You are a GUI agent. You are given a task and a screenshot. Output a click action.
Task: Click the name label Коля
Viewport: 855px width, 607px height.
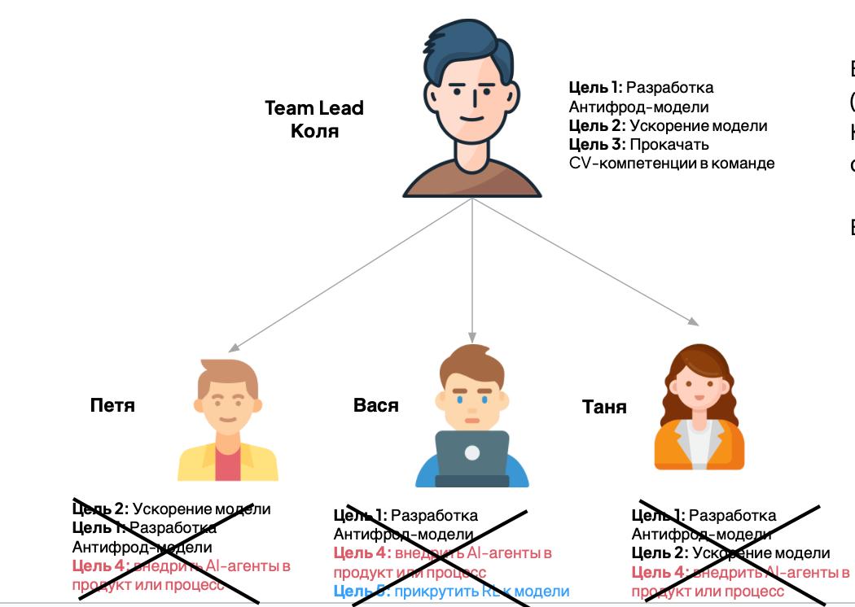click(x=314, y=130)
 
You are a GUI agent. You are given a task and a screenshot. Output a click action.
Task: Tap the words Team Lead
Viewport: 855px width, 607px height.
click(x=314, y=107)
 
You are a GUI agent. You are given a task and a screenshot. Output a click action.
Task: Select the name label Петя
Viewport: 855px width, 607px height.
click(x=112, y=404)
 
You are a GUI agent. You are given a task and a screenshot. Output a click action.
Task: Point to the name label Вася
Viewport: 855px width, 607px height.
click(x=376, y=404)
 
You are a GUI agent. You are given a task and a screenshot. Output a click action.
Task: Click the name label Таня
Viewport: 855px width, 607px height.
click(x=604, y=406)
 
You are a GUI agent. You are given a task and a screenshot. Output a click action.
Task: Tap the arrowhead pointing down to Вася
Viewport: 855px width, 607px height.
click(x=472, y=338)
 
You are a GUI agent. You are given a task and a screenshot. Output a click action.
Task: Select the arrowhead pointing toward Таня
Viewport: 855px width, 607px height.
click(x=693, y=321)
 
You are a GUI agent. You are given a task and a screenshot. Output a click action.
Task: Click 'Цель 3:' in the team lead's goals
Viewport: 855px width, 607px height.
click(x=596, y=145)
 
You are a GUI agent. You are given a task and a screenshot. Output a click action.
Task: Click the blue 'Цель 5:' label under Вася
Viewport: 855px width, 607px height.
click(x=362, y=592)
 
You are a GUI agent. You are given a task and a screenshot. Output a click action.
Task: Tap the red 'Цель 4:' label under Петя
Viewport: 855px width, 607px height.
click(x=99, y=566)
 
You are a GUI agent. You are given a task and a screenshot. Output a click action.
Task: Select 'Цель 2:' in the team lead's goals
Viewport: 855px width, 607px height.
click(x=596, y=126)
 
